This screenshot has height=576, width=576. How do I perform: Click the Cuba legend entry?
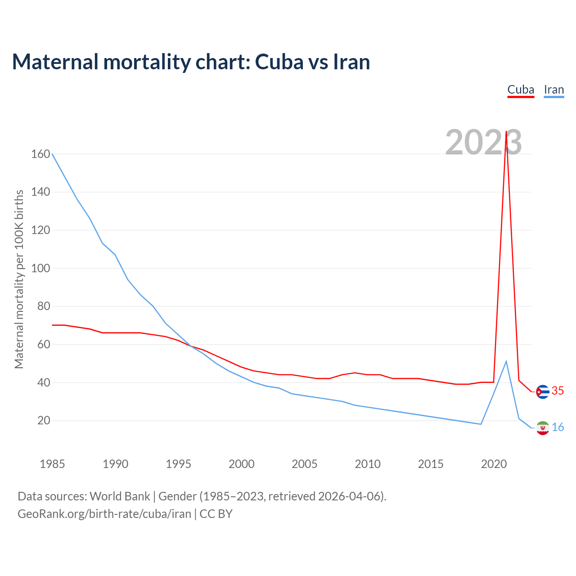point(521,90)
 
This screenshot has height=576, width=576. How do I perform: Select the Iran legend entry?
point(553,90)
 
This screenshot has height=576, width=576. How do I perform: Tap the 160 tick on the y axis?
point(40,154)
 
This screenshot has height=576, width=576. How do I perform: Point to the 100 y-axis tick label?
point(40,268)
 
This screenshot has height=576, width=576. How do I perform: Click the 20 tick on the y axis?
point(44,421)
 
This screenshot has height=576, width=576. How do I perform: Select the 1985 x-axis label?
point(52,464)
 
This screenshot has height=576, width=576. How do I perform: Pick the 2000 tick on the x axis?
point(242,464)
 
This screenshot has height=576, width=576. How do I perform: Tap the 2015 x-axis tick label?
point(431,464)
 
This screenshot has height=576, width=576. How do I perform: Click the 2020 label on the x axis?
point(494,464)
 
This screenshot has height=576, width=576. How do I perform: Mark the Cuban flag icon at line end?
point(543,392)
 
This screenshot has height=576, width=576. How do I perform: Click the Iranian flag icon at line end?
point(543,428)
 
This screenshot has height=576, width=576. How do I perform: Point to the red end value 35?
point(558,391)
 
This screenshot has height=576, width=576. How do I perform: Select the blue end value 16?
point(558,427)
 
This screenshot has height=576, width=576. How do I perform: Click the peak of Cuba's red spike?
point(506,132)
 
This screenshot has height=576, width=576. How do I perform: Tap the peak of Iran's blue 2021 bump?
point(506,361)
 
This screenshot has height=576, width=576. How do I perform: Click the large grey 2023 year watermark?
point(483,142)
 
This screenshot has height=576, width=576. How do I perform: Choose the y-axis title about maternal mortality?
point(19,279)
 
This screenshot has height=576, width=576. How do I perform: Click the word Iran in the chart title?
point(351,62)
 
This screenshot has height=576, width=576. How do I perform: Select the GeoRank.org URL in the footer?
point(104,514)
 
